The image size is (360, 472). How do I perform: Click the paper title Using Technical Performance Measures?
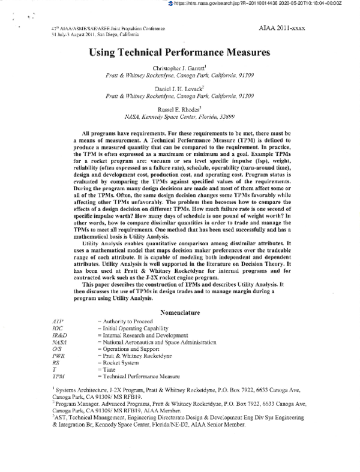pos(179,52)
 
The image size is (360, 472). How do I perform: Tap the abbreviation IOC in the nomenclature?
pos(58,329)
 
